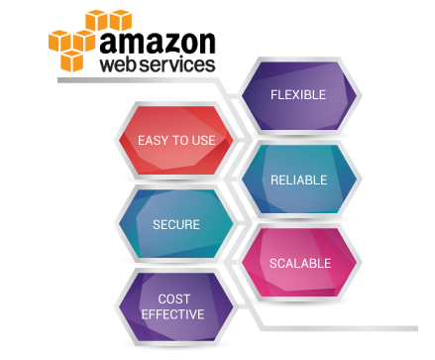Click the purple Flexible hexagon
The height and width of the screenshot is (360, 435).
[x=299, y=96]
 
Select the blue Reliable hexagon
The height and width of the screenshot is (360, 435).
[x=299, y=180]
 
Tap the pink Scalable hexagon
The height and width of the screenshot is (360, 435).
[x=299, y=263]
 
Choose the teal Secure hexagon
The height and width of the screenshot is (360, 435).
[x=176, y=224]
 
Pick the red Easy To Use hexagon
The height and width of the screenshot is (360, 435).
[x=176, y=140]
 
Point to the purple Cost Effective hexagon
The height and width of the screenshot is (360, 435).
[x=176, y=306]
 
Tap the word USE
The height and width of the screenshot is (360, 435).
[x=203, y=141]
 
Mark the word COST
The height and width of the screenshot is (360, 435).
[x=173, y=299]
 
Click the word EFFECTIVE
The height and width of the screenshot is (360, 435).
[x=173, y=314]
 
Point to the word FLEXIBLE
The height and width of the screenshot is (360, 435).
[x=299, y=95]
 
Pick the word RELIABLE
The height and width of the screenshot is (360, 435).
[x=299, y=180]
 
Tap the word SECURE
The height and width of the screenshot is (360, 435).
[x=176, y=225]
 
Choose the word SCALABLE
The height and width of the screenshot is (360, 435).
[x=299, y=264]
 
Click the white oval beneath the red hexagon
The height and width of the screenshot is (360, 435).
[x=176, y=180]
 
